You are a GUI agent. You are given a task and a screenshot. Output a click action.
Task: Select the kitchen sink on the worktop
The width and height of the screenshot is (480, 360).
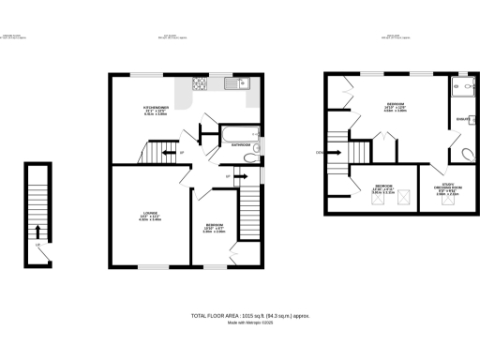click(x=243, y=84)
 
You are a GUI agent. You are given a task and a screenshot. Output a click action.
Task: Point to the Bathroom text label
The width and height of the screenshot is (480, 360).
click(x=240, y=145)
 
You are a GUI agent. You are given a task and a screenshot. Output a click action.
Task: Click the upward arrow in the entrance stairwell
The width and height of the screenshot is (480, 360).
click(x=37, y=231)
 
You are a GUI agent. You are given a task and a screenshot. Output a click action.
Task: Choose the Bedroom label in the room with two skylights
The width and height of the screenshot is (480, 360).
click(x=382, y=186)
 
